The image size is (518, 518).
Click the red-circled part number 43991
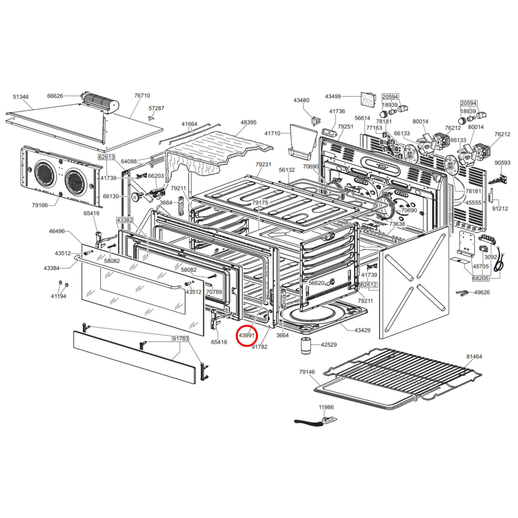coord(246,335)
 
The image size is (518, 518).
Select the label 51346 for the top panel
coord(21,97)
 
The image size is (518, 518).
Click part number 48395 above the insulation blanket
coord(248,122)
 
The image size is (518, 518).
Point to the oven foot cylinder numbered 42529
coord(306,346)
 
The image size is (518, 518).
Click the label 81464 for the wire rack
coord(474,357)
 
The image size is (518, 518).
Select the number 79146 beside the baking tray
coord(307,372)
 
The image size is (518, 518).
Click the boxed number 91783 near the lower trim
coord(180,339)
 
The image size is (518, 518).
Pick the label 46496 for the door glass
coord(57,231)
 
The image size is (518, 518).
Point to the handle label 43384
coord(51,268)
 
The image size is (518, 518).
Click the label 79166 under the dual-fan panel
coord(40,205)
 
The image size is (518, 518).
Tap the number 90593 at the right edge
coord(502,163)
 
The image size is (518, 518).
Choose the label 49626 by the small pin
coord(482,292)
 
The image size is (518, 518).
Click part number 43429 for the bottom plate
coord(362,330)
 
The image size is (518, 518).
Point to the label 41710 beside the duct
coord(272,133)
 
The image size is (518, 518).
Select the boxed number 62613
coord(106,157)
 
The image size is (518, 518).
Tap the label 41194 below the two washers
coord(59,296)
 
